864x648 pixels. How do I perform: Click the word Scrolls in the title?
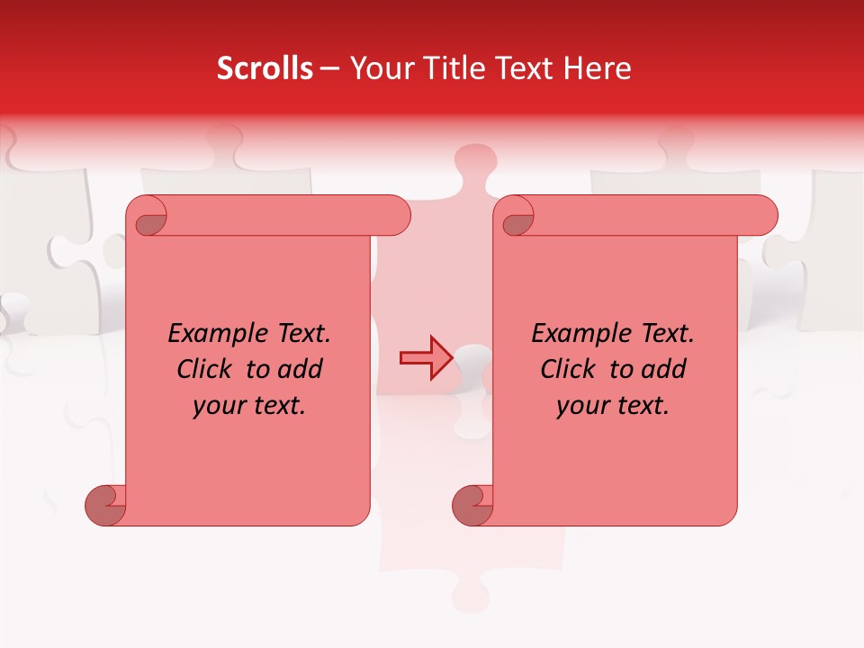pyautogui.click(x=265, y=68)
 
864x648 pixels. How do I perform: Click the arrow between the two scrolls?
pyautogui.click(x=425, y=357)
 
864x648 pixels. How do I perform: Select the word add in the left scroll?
pyautogui.click(x=301, y=369)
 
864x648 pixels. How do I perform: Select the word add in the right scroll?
pyautogui.click(x=664, y=369)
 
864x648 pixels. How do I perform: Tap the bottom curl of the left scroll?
pyautogui.click(x=104, y=505)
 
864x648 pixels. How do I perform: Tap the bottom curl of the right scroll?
pyautogui.click(x=472, y=505)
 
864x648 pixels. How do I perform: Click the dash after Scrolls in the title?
pyautogui.click(x=329, y=68)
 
